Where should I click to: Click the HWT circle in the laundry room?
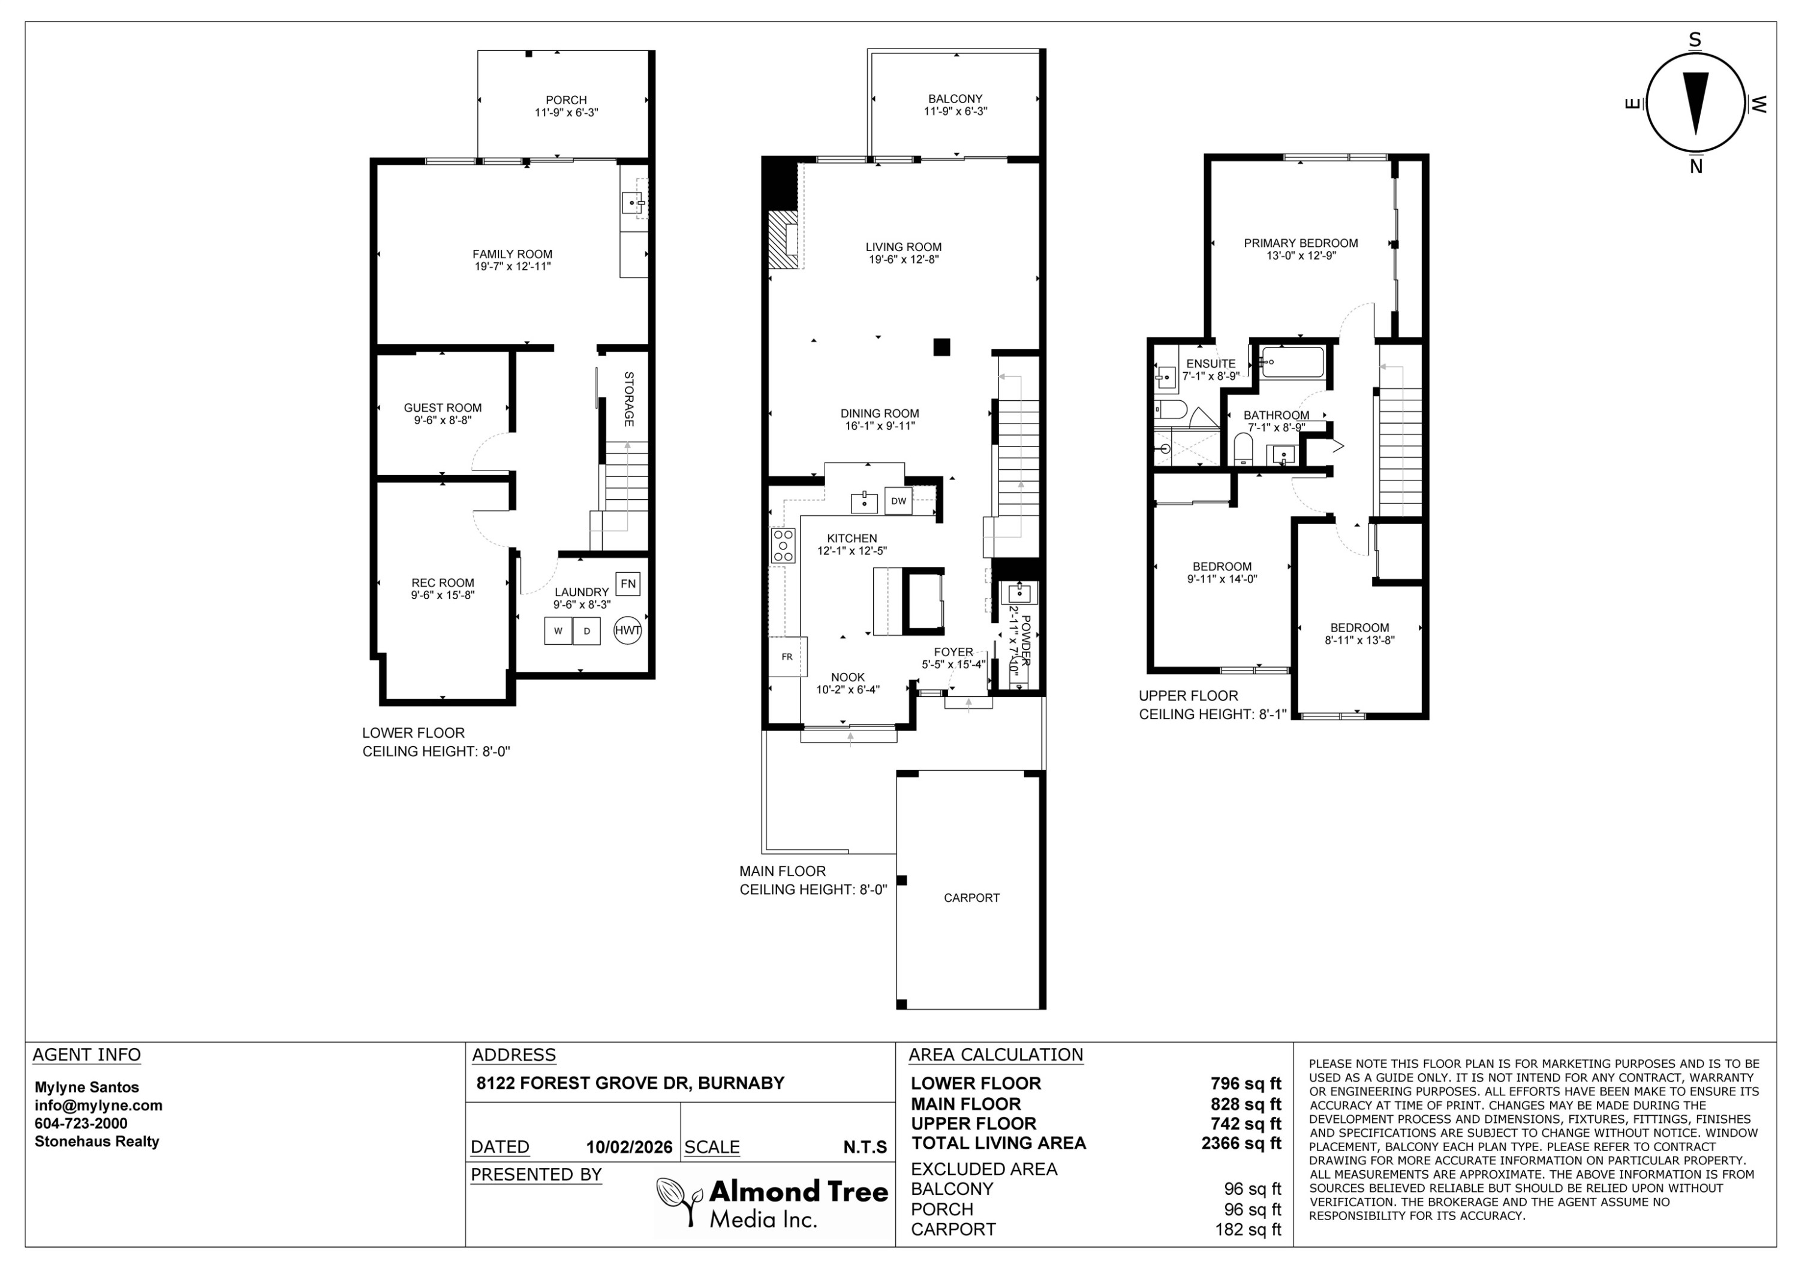pyautogui.click(x=628, y=630)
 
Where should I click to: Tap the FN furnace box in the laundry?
pyautogui.click(x=628, y=584)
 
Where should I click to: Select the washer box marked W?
pyautogui.click(x=558, y=631)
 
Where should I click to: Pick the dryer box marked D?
pyautogui.click(x=587, y=631)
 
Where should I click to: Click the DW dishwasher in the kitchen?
pyautogui.click(x=899, y=501)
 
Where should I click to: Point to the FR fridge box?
pyautogui.click(x=787, y=657)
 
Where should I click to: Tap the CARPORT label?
pyautogui.click(x=971, y=898)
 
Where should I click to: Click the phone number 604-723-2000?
pyautogui.click(x=81, y=1124)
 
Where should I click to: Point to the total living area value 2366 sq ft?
pyautogui.click(x=1241, y=1143)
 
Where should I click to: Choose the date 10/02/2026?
pyautogui.click(x=629, y=1148)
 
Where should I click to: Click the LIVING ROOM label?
pyautogui.click(x=904, y=247)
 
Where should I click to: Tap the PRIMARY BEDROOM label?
pyautogui.click(x=1301, y=243)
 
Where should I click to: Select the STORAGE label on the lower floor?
pyautogui.click(x=628, y=399)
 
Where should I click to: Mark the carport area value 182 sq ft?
pyautogui.click(x=1248, y=1230)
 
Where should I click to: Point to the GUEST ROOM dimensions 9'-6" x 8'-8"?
pyautogui.click(x=443, y=421)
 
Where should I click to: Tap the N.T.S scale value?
pyautogui.click(x=865, y=1148)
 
